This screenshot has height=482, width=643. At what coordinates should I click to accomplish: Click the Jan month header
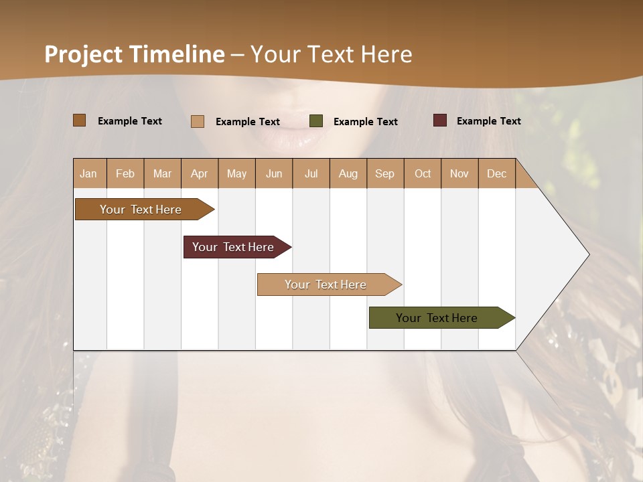click(x=89, y=173)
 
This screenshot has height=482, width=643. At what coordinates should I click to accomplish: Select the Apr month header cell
click(x=200, y=173)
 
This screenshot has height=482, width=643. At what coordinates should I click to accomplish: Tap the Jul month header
click(x=311, y=173)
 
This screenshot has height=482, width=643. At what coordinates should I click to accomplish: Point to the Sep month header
click(x=384, y=173)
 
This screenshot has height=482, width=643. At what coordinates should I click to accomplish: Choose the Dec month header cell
click(x=496, y=173)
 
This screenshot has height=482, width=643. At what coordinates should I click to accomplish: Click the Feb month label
click(x=125, y=173)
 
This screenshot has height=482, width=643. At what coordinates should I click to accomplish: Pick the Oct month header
click(x=423, y=173)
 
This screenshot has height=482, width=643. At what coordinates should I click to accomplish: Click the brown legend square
click(x=79, y=120)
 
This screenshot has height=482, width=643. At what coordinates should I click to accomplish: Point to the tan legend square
click(x=197, y=121)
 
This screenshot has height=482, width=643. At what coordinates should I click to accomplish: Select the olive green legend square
click(x=316, y=121)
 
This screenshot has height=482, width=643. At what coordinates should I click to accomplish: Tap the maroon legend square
click(x=440, y=120)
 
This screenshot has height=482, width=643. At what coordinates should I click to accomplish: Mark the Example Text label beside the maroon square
click(x=488, y=120)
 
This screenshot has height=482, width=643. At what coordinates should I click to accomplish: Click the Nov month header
click(x=459, y=173)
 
